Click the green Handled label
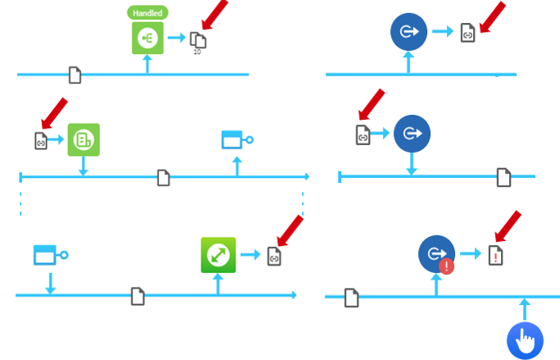pyautogui.click(x=148, y=13)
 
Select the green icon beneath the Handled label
pyautogui.click(x=148, y=38)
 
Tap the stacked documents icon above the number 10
pyautogui.click(x=197, y=39)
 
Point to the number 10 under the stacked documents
pyautogui.click(x=197, y=52)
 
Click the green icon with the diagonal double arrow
pyautogui.click(x=218, y=255)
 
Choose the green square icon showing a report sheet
pyautogui.click(x=84, y=140)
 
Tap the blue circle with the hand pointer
pyautogui.click(x=525, y=339)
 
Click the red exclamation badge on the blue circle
pyautogui.click(x=446, y=267)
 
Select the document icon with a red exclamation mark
pyautogui.click(x=495, y=255)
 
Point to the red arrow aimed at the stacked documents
pyautogui.click(x=215, y=15)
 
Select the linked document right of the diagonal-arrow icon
pyautogui.click(x=274, y=256)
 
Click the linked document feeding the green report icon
pyautogui.click(x=41, y=140)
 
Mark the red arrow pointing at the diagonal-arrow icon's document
pyautogui.click(x=290, y=230)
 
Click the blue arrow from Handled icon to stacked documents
pyautogui.click(x=175, y=38)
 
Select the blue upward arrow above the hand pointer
pyautogui.click(x=525, y=309)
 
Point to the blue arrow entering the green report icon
pyautogui.click(x=57, y=140)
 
